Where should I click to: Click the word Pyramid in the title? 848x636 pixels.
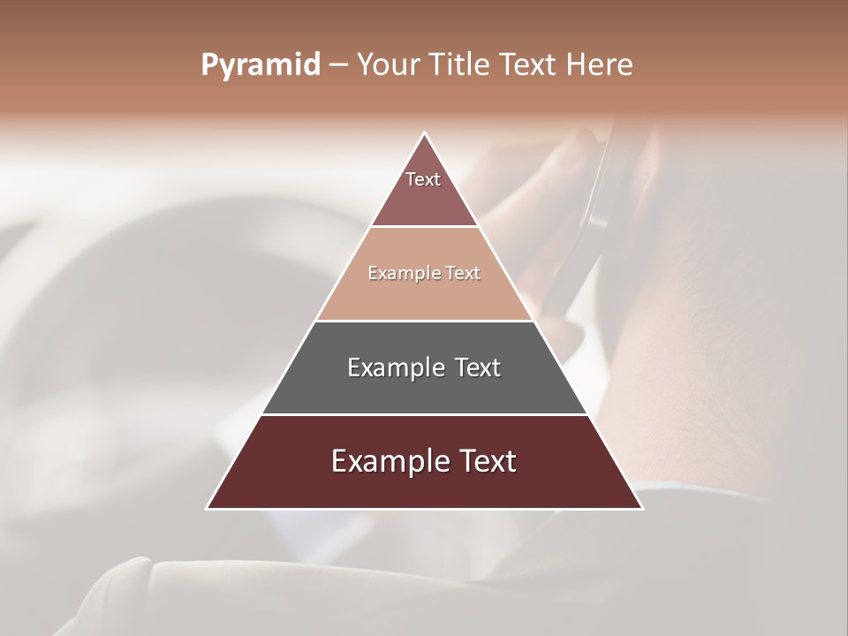point(260,65)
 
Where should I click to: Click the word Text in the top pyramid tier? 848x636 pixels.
point(423,179)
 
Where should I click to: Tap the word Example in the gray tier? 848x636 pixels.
point(395,367)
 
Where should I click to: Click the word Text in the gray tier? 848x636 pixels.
point(476,367)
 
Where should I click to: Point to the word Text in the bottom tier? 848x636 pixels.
point(486,461)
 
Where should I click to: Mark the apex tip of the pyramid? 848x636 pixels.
point(425,134)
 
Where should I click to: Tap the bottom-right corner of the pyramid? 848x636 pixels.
point(641,508)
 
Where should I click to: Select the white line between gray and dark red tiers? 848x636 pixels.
point(425,414)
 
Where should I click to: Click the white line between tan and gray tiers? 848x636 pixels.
point(425,321)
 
